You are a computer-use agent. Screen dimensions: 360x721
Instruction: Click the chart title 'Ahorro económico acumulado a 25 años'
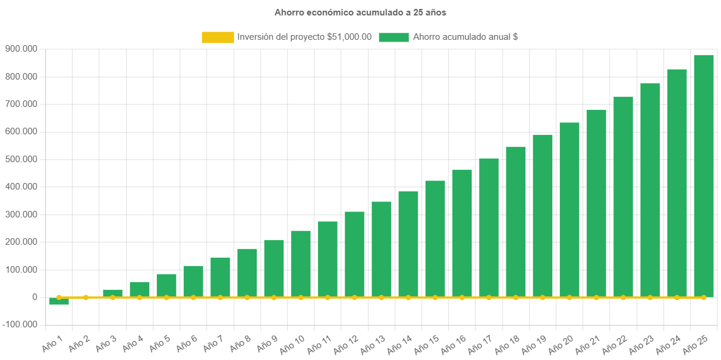point(360,12)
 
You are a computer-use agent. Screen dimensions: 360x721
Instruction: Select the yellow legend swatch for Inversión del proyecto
point(218,37)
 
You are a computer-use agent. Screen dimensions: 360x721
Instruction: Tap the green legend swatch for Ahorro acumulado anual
point(393,37)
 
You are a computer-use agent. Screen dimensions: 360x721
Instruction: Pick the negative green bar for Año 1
point(59,301)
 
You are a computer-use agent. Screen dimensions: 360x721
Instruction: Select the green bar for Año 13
point(382,250)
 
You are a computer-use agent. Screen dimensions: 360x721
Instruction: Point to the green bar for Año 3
point(113,293)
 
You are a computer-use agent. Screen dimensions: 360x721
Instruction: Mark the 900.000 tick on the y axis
point(20,49)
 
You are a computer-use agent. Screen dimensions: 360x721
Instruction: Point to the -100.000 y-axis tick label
point(20,324)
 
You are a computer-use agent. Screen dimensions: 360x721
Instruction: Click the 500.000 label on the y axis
point(20,159)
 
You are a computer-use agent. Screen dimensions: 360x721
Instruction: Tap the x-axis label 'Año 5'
point(159,344)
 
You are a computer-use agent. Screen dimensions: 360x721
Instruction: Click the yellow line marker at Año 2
point(86,297)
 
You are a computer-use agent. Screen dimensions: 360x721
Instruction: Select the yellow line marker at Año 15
point(435,297)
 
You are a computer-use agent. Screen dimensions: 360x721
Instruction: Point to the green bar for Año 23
point(650,190)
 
